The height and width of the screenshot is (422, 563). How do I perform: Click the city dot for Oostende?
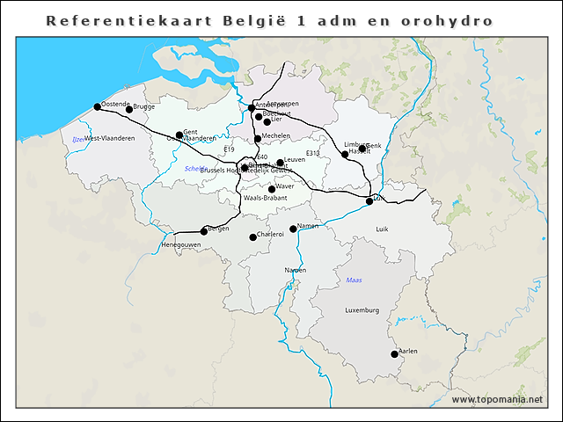coord(98,106)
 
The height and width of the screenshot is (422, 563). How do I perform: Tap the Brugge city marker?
coord(129,109)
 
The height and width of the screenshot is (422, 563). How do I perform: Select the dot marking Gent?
coord(179,135)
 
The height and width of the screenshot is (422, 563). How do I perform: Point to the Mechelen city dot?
coord(258,139)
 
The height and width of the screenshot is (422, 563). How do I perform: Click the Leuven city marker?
coord(281,163)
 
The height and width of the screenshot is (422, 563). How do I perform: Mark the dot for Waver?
coord(272,189)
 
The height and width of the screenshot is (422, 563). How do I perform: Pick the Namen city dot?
coord(294,229)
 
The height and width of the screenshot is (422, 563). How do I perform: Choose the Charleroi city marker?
coord(252,236)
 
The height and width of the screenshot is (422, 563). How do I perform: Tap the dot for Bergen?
coord(204,231)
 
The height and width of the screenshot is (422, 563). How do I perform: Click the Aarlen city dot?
coord(394,354)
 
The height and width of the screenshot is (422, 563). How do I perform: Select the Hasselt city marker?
coord(345,154)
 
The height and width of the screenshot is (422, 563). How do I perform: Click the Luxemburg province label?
coord(362,310)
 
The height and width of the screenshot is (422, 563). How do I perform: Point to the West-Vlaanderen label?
coord(110,139)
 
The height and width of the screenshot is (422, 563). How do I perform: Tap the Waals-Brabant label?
coord(266,199)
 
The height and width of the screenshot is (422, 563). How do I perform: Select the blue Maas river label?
coord(355,280)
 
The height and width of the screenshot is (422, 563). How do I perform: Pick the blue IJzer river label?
coord(78,139)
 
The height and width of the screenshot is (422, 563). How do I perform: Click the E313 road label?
coord(313,153)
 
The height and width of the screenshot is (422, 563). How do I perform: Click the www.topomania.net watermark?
coord(497,399)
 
